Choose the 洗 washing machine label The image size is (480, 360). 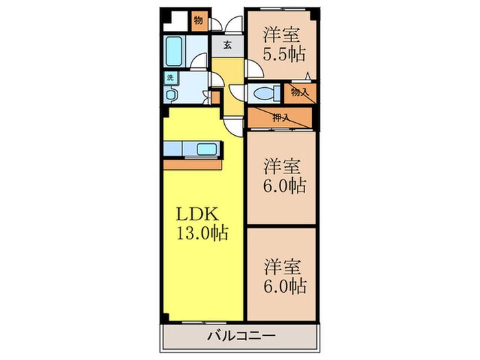click(169, 78)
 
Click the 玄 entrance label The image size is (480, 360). click(227, 46)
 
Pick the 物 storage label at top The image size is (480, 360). click(198, 19)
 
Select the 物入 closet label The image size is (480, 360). click(299, 91)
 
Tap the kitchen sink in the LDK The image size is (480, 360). click(206, 148)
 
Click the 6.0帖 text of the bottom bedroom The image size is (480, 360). click(283, 285)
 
